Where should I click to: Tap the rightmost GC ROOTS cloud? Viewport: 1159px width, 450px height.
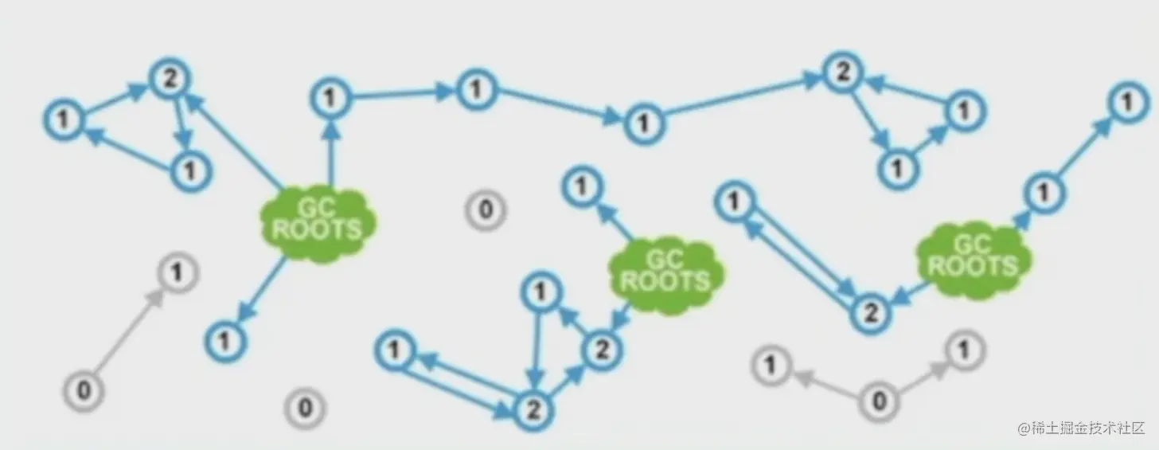point(973,256)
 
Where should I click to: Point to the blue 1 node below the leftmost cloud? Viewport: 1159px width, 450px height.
point(226,341)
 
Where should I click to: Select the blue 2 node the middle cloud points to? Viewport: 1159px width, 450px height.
point(603,349)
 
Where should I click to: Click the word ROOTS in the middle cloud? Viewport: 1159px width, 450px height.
point(665,281)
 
